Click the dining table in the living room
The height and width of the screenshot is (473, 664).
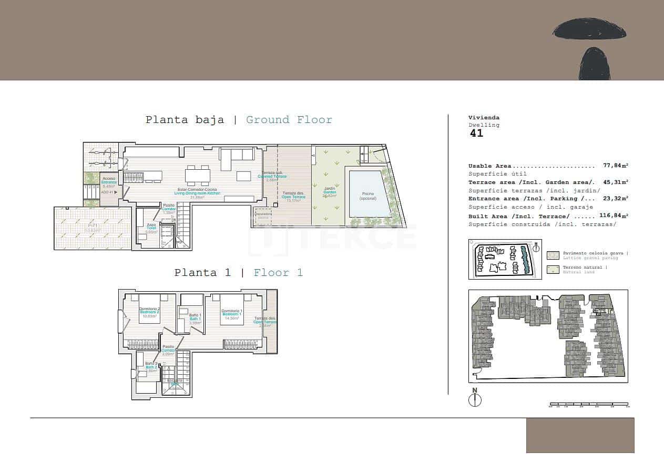point(198,174)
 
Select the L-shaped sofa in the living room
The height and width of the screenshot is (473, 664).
point(237,157)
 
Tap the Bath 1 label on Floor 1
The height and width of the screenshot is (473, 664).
point(195,317)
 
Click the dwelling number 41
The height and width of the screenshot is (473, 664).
point(476,133)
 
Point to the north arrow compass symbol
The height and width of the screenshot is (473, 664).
point(475,399)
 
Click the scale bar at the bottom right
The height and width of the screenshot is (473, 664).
point(589,405)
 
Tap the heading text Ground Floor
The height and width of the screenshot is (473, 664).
point(289,120)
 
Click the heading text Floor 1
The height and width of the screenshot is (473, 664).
point(278,273)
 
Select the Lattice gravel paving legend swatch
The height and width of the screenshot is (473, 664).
point(553,255)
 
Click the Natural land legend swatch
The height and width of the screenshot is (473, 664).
point(553,270)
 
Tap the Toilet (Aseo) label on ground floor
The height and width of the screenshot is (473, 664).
point(151,227)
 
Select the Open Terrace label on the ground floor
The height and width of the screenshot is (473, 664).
point(293,196)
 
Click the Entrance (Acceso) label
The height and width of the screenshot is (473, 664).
point(109,180)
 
